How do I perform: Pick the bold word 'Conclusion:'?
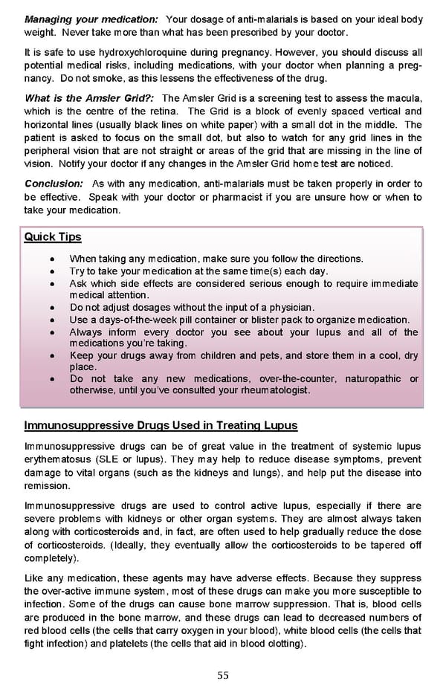coord(54,184)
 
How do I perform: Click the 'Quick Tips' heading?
coord(53,237)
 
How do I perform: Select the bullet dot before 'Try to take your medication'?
coord(50,271)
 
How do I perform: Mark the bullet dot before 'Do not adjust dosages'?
coord(50,308)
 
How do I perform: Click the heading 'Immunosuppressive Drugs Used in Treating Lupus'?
coord(161,426)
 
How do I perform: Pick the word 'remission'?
coord(48,485)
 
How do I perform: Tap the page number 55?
coord(223,675)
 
